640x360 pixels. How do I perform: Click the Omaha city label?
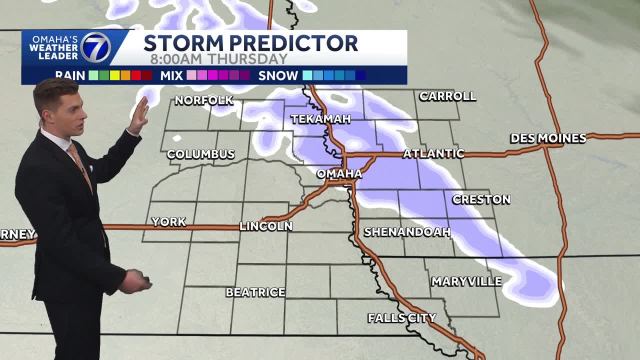tap(339, 173)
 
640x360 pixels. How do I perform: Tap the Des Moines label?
tap(548, 138)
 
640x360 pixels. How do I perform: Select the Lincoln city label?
tap(265, 226)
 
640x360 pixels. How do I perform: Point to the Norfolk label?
tap(204, 100)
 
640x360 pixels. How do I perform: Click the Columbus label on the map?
tap(200, 154)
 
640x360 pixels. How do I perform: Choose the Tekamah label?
tap(320, 119)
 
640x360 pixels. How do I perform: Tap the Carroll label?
tap(447, 96)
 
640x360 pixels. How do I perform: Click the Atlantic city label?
tap(433, 153)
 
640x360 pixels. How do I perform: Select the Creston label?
tap(481, 199)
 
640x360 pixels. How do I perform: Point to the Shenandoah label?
tap(407, 232)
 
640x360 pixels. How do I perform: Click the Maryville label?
tap(466, 281)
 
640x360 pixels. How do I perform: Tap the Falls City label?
tap(402, 317)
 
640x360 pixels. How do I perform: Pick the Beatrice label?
tap(255, 292)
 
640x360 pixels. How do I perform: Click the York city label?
tap(169, 221)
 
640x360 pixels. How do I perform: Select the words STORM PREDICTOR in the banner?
tap(250, 43)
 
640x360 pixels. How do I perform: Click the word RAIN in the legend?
tap(70, 76)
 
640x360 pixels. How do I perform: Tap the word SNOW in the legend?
tap(278, 76)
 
